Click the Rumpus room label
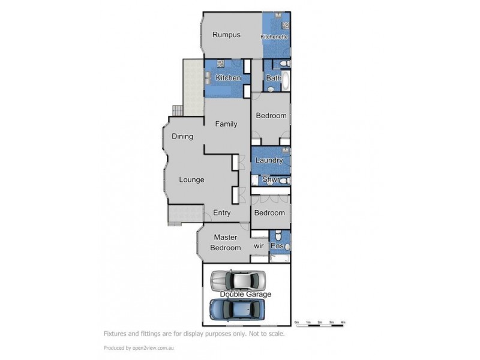coord(226,35)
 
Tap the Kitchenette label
coord(274,37)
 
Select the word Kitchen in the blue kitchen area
coord(228,78)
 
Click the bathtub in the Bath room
coord(285,82)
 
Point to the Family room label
coord(226,124)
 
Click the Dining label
coord(182,136)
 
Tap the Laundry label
coord(269,161)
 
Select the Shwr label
coord(271,179)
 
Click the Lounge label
coord(191,179)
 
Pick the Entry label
coord(222,213)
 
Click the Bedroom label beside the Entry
coord(269,213)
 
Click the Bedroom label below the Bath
coord(271,116)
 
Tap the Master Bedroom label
coord(225,242)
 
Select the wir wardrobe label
coord(259,245)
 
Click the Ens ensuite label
coord(277,246)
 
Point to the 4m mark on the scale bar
coord(343,323)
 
